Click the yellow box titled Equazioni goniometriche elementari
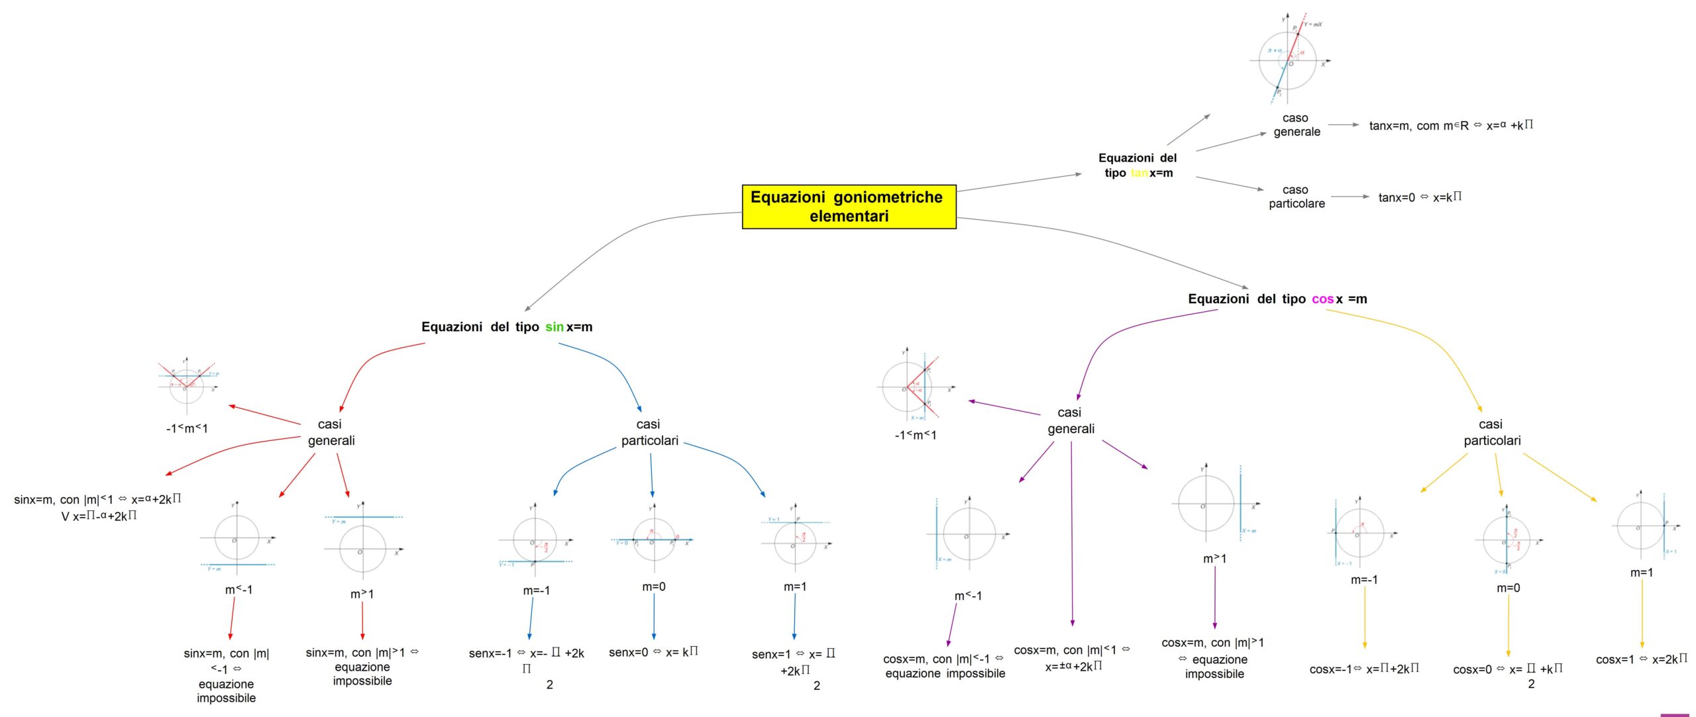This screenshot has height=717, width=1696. click(849, 207)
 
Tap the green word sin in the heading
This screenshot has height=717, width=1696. click(554, 327)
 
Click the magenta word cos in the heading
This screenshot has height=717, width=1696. click(1322, 299)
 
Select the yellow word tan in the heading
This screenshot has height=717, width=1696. click(1139, 173)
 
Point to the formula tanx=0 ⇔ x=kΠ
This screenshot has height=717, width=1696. click(1420, 197)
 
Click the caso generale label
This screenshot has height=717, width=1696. click(1297, 125)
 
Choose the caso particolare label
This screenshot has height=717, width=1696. click(1297, 197)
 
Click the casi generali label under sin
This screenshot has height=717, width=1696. click(331, 432)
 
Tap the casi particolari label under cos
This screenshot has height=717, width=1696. click(1491, 432)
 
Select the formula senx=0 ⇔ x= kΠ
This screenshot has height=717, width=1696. click(653, 652)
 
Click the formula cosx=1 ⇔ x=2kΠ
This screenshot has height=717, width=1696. click(1641, 659)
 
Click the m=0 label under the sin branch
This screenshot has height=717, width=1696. click(653, 587)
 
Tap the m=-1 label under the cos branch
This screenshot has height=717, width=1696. click(1364, 580)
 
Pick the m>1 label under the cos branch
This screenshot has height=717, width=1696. click(1214, 559)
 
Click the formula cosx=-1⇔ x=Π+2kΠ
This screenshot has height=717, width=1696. click(1364, 669)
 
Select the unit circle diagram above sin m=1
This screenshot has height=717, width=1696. click(796, 540)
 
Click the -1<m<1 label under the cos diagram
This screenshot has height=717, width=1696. click(915, 435)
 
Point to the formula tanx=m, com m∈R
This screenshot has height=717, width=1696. click(1451, 125)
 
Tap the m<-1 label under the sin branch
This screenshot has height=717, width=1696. click(238, 590)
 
